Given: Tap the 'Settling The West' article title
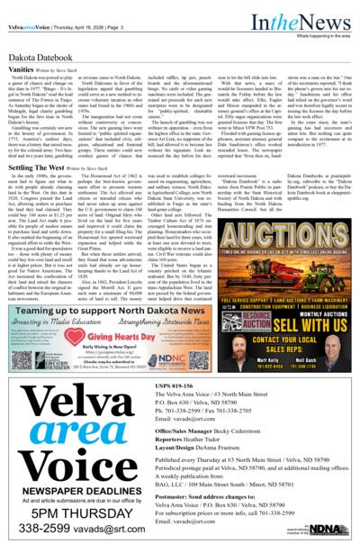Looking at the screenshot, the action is pos(37,168).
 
